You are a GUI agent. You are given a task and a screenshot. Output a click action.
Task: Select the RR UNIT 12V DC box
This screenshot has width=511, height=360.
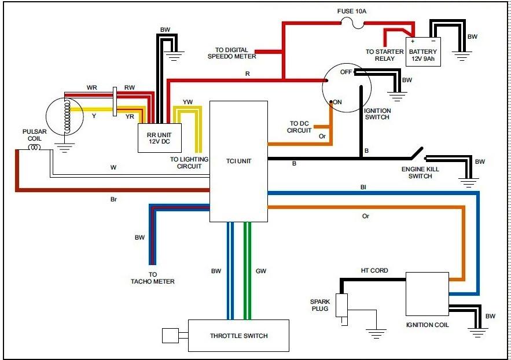click(x=159, y=138)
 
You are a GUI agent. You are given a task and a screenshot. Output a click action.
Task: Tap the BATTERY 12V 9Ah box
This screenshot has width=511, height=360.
click(x=423, y=52)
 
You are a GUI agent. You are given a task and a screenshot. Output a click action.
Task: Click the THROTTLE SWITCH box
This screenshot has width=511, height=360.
click(x=238, y=336)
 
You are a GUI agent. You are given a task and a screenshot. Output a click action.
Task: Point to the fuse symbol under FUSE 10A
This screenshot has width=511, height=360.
click(x=352, y=23)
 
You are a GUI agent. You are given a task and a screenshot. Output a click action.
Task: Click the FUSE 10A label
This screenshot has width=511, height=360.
click(x=352, y=11)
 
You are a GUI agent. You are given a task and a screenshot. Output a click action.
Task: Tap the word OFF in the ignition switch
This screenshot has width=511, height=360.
click(x=345, y=72)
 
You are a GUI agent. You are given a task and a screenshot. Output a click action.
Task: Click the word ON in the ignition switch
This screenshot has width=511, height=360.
click(x=337, y=102)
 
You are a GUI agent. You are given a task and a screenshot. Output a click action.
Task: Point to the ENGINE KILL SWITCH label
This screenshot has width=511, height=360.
click(x=420, y=172)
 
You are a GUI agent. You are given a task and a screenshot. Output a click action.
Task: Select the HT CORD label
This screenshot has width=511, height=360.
click(x=374, y=270)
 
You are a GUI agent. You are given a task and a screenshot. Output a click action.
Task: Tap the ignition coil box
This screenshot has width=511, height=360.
click(x=427, y=294)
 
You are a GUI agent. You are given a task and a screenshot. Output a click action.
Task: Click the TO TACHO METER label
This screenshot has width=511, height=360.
click(x=153, y=278)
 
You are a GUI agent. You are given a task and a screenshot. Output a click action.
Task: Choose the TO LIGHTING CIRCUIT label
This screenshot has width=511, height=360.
click(x=189, y=163)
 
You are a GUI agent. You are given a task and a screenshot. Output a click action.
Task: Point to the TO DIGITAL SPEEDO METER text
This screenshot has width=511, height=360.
click(x=231, y=53)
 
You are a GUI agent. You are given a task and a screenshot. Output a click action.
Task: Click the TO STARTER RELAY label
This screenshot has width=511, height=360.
click(x=385, y=55)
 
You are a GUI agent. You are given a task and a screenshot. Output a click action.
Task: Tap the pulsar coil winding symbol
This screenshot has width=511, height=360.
click(x=35, y=148)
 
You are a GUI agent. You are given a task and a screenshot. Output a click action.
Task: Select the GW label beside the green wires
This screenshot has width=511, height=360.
click(x=261, y=271)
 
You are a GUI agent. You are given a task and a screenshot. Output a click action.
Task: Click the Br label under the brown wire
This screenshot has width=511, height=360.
click(x=113, y=199)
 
